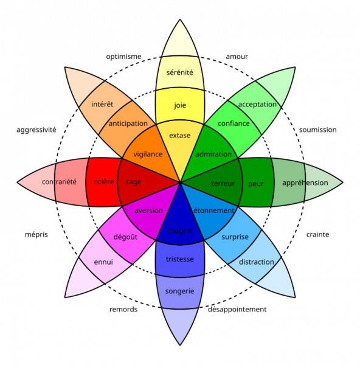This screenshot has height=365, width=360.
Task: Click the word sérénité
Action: (179, 72)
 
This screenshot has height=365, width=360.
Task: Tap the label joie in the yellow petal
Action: (180, 105)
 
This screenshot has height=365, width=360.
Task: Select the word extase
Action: (179, 136)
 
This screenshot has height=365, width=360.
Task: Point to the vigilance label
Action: (148, 155)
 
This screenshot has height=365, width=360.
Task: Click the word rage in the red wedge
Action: (133, 182)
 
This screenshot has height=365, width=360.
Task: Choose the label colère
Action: (104, 182)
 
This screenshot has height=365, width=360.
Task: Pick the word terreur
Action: (223, 184)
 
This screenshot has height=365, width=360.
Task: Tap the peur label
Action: (256, 184)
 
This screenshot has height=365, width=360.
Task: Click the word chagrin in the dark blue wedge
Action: (179, 231)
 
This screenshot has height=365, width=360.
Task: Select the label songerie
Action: (179, 291)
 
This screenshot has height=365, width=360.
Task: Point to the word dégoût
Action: (125, 237)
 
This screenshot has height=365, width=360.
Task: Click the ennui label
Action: (103, 262)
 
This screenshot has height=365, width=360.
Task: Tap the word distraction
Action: (257, 262)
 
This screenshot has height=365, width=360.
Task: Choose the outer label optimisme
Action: (123, 57)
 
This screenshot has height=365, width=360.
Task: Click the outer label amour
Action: (237, 57)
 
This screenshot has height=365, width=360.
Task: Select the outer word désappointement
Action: (237, 310)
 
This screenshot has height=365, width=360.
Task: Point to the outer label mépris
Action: (36, 234)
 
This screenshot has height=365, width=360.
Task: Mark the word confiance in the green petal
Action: (234, 123)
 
